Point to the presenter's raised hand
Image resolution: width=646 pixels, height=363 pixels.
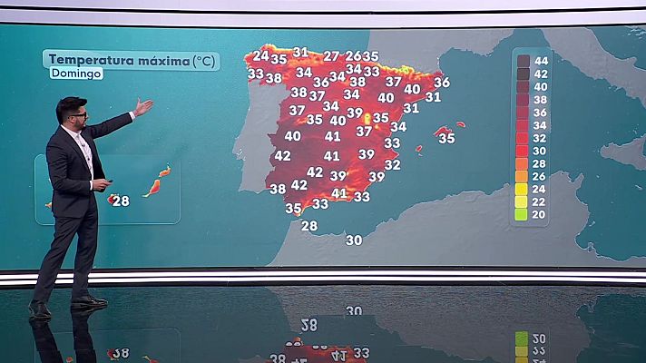click(x=143, y=106)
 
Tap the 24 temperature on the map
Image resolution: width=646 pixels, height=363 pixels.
click(x=260, y=56)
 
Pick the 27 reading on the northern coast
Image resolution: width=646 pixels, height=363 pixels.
click(x=331, y=56)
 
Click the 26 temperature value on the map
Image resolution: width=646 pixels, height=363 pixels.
click(x=353, y=56)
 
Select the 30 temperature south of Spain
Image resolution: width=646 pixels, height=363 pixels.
click(x=354, y=240)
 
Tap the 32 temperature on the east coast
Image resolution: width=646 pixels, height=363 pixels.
click(x=392, y=165)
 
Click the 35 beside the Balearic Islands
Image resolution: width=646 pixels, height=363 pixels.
click(x=446, y=139)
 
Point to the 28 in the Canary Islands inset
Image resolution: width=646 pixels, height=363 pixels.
click(x=121, y=201)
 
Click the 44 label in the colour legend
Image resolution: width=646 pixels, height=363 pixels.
click(x=540, y=61)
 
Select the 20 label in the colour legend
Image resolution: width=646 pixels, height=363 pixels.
click(x=540, y=215)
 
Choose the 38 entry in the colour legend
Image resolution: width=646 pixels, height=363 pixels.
click(x=540, y=100)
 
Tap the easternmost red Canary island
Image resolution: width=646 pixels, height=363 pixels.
click(x=165, y=171)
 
